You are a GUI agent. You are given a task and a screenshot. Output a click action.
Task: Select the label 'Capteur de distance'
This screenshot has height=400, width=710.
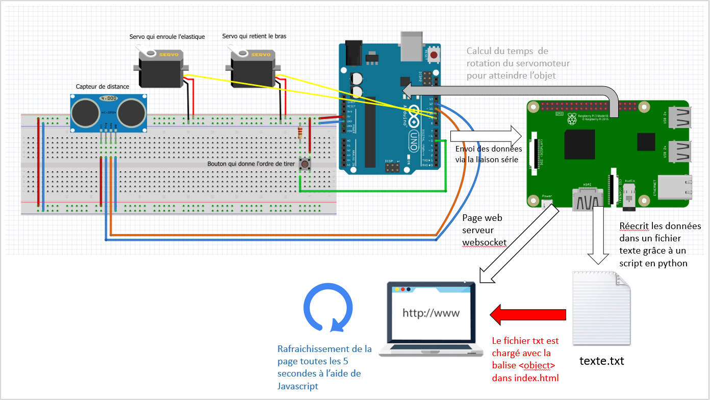pyautogui.click(x=103, y=87)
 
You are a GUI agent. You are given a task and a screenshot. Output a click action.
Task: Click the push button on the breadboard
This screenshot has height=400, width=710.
pyautogui.click(x=306, y=164)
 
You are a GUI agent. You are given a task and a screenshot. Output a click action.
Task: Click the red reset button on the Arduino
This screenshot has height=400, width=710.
pyautogui.click(x=434, y=55)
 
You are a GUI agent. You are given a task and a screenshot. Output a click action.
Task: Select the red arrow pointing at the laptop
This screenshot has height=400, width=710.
pyautogui.click(x=528, y=314)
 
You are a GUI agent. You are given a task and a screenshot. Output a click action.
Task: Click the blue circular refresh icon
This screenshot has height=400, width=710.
pyautogui.click(x=328, y=308)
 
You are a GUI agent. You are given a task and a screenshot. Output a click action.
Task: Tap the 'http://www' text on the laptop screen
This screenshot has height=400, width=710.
pyautogui.click(x=431, y=313)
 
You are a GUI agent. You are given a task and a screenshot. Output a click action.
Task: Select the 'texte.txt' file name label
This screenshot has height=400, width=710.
pyautogui.click(x=602, y=361)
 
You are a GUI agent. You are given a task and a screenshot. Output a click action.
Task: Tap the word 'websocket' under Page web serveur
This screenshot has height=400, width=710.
pyautogui.click(x=485, y=242)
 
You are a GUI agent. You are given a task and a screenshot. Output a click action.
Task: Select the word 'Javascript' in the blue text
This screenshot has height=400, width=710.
pyautogui.click(x=298, y=386)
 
